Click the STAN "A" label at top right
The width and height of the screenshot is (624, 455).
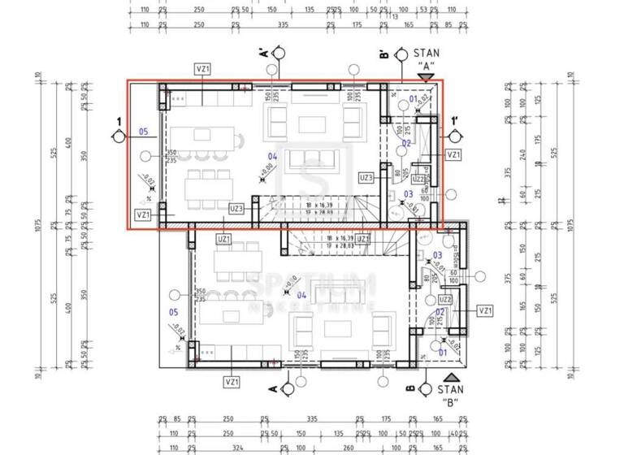click(x=427, y=57)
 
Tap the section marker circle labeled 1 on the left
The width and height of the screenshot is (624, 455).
click(x=119, y=137)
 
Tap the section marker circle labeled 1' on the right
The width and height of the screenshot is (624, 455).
click(x=454, y=137)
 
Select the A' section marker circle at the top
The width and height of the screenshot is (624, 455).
click(x=278, y=54)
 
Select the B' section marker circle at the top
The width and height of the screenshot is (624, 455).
click(x=401, y=54)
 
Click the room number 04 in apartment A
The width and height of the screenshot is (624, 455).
click(x=273, y=157)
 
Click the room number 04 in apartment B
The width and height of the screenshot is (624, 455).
click(x=301, y=294)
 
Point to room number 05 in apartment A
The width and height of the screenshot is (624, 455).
click(x=143, y=131)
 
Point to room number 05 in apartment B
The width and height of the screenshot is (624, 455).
click(x=172, y=311)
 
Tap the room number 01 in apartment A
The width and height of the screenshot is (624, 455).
click(x=413, y=99)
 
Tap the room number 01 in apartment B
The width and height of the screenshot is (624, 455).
click(x=443, y=352)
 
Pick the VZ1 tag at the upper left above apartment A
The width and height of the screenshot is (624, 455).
click(x=202, y=69)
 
